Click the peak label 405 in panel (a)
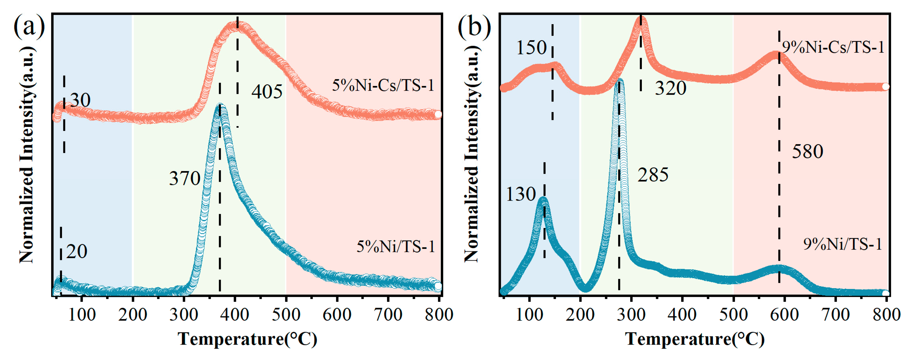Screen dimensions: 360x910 point(267,92)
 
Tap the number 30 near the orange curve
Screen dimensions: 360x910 point(80,100)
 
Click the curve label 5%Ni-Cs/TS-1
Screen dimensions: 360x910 point(383,85)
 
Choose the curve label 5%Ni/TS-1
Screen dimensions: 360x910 point(396,247)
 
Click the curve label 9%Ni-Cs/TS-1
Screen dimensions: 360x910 point(833,47)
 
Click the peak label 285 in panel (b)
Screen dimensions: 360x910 point(653,175)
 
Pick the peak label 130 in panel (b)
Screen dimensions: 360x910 point(521,194)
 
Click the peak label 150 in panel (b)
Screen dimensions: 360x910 point(531,47)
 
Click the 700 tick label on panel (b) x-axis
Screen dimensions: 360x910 point(835,315)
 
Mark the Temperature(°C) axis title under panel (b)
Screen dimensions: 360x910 point(695,339)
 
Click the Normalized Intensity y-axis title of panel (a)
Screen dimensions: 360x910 point(27,155)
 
